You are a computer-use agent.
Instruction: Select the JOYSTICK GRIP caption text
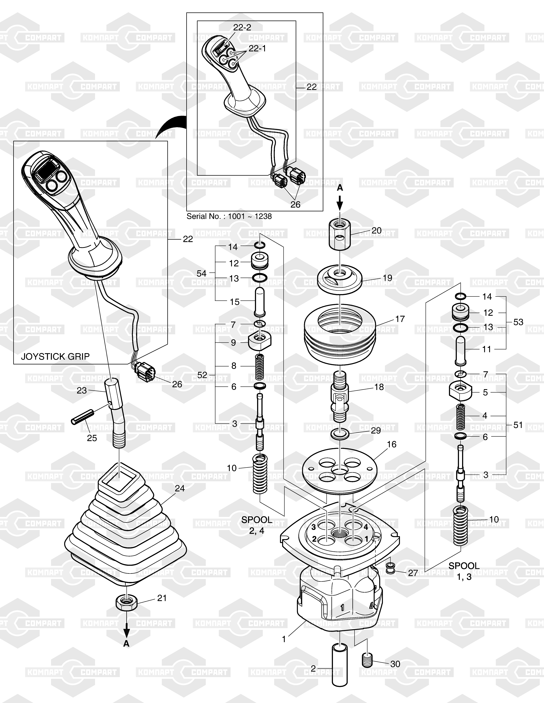pos(55,356)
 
